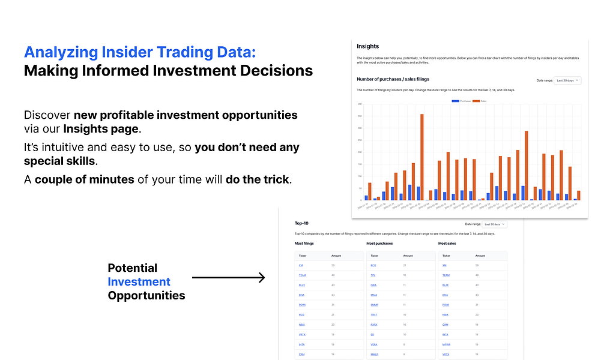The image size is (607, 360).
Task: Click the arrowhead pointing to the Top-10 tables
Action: (261, 277)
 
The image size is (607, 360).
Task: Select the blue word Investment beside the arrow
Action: (139, 281)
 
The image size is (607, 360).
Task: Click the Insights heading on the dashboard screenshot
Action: (367, 46)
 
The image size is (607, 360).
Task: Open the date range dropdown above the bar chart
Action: (567, 80)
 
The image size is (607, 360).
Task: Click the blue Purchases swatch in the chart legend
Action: (455, 101)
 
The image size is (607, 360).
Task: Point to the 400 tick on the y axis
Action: (359, 104)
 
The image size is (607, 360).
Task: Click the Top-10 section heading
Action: (301, 223)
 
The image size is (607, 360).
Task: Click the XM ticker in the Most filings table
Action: (300, 265)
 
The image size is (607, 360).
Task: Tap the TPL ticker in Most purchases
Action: (373, 275)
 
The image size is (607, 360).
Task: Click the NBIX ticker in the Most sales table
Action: (445, 314)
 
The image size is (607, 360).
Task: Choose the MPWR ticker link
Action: (446, 344)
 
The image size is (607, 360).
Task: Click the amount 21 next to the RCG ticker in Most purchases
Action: (405, 265)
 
